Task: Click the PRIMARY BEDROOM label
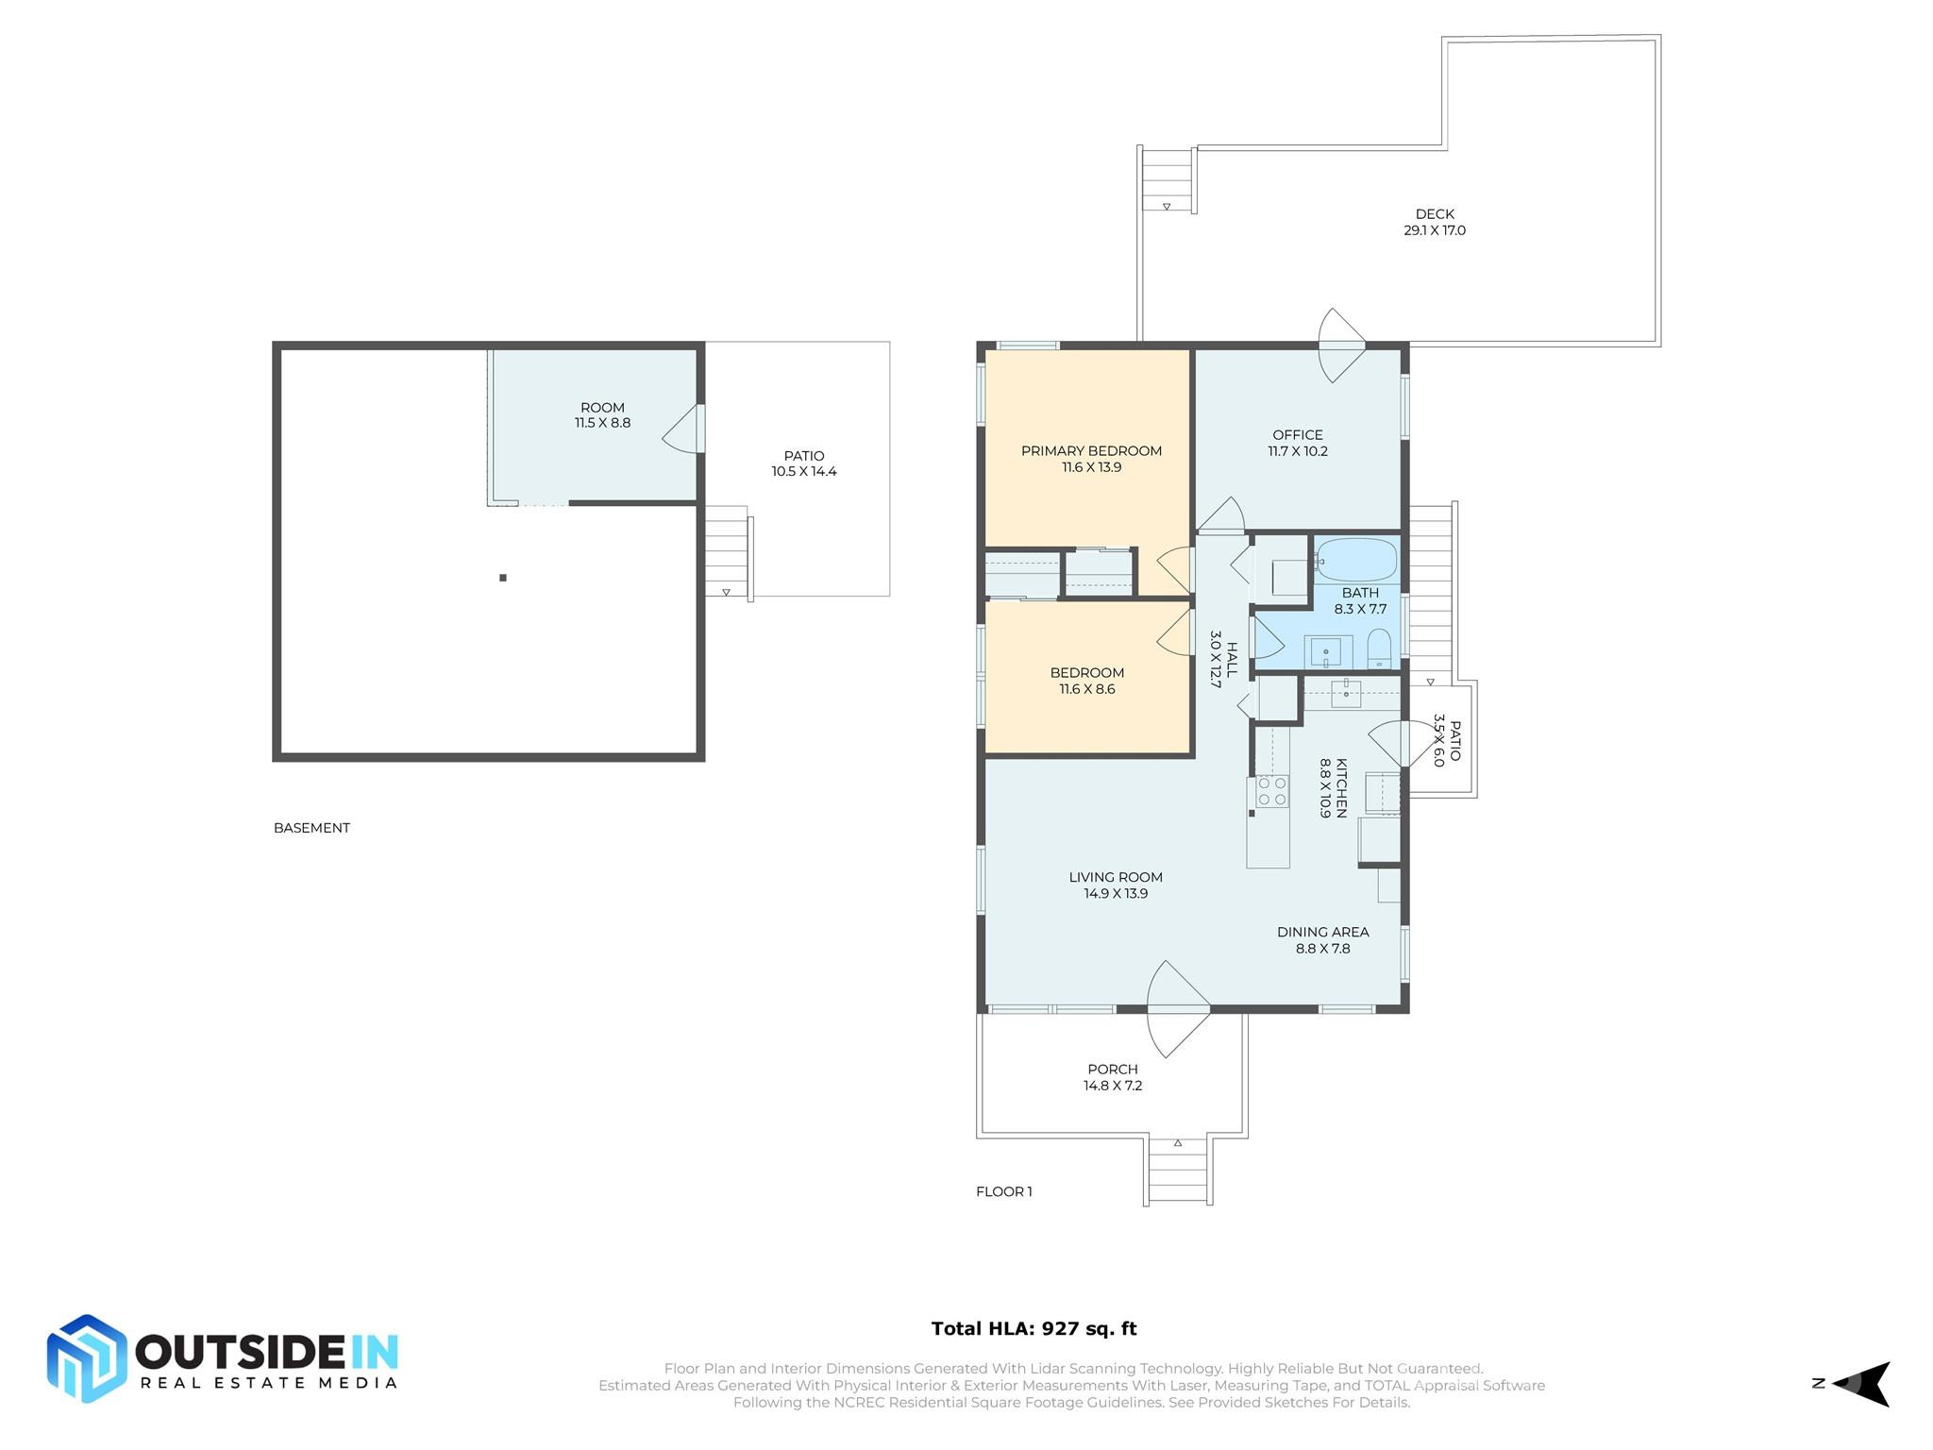click(x=1091, y=451)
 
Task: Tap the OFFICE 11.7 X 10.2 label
click(x=1298, y=443)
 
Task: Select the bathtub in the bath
click(x=1356, y=559)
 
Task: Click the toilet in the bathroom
click(x=1379, y=649)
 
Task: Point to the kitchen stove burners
click(x=1271, y=791)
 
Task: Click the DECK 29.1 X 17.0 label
click(x=1434, y=222)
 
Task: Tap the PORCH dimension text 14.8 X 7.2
click(x=1113, y=1086)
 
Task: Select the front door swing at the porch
click(x=1177, y=1009)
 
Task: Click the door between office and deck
click(x=1340, y=346)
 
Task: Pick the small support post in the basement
click(x=503, y=578)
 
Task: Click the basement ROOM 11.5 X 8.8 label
click(x=602, y=415)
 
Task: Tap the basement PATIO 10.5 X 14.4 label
click(x=803, y=464)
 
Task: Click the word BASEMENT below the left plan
click(x=311, y=828)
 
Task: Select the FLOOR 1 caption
click(x=1003, y=1191)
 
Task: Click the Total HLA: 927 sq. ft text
click(x=1034, y=1328)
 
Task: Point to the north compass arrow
click(x=1864, y=1384)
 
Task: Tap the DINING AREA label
click(x=1322, y=932)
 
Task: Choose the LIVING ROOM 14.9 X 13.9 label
click(x=1116, y=885)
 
